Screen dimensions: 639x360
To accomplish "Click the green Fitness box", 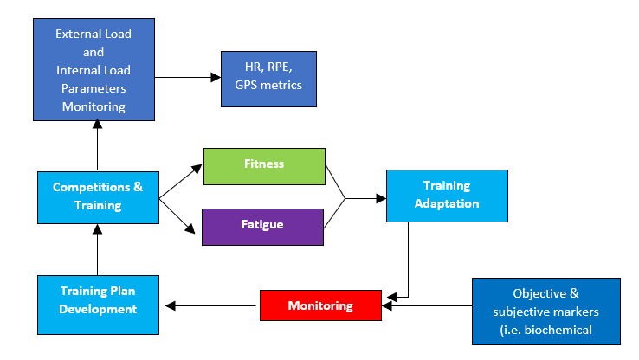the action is click(264, 166).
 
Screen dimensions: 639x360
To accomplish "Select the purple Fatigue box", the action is click(262, 228).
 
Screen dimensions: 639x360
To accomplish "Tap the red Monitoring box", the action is click(320, 305).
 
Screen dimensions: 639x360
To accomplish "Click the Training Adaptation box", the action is click(447, 196).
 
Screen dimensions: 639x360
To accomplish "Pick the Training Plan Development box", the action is click(98, 305).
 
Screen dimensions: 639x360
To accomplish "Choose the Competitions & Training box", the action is click(98, 197).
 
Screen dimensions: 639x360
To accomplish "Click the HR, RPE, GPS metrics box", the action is click(268, 79).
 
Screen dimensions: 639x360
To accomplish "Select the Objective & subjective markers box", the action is click(546, 312).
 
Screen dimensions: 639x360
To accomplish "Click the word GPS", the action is click(246, 85).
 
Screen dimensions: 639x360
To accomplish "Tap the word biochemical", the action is click(558, 330).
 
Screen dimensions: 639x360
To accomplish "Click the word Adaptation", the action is click(447, 203).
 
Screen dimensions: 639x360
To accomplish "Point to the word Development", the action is click(98, 309).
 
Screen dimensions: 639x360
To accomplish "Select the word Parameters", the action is click(94, 88).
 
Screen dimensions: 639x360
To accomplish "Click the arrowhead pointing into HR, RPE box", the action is click(216, 77).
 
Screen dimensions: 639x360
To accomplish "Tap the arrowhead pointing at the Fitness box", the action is click(197, 168).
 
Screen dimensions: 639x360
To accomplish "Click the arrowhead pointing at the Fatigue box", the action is click(190, 228).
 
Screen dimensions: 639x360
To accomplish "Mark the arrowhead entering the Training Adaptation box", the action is click(381, 198).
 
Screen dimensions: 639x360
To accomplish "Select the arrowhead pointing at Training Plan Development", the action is click(171, 305).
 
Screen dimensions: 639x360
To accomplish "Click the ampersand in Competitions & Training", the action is click(139, 187).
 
